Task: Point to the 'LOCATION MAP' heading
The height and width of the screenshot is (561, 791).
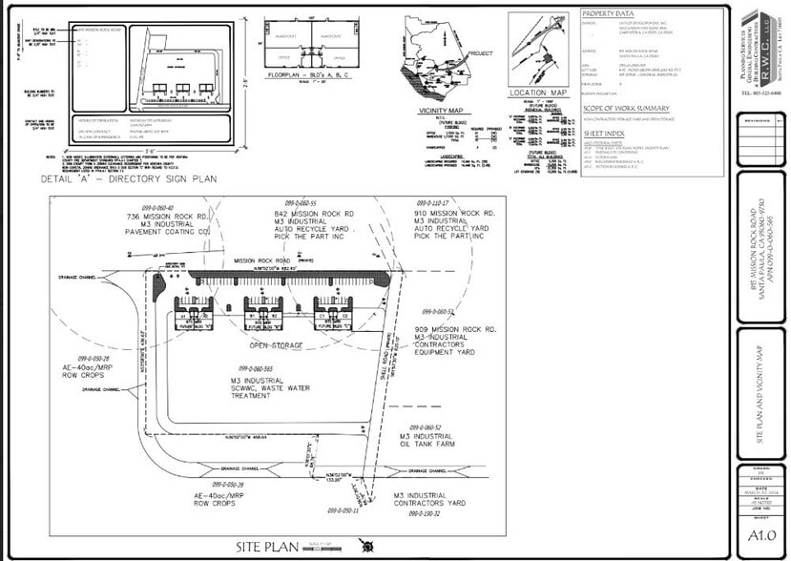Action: point(538,93)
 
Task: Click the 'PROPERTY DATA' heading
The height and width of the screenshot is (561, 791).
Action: point(608,14)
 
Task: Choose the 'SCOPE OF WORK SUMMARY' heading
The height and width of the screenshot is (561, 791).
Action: point(625,108)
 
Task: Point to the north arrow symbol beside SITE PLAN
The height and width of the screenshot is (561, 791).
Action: point(364,546)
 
